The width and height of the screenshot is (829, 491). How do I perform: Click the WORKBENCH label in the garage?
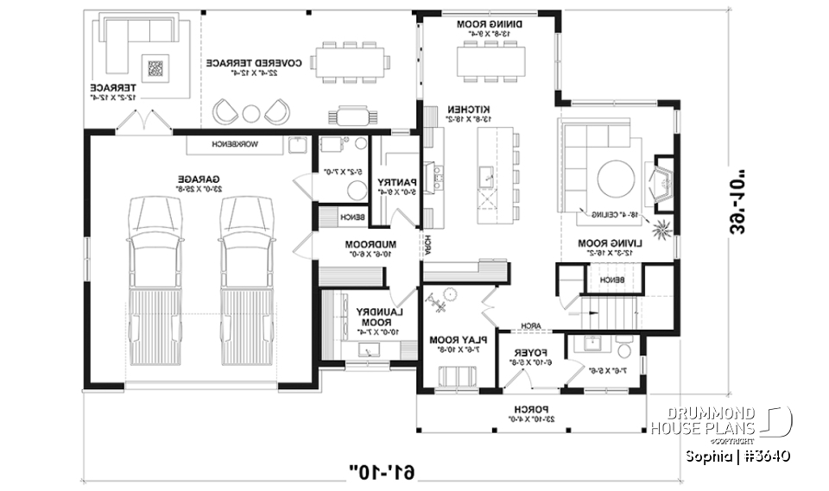coord(234,142)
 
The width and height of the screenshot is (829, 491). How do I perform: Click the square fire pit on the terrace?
coord(156,67)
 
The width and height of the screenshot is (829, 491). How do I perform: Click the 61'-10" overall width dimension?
coord(382,471)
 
